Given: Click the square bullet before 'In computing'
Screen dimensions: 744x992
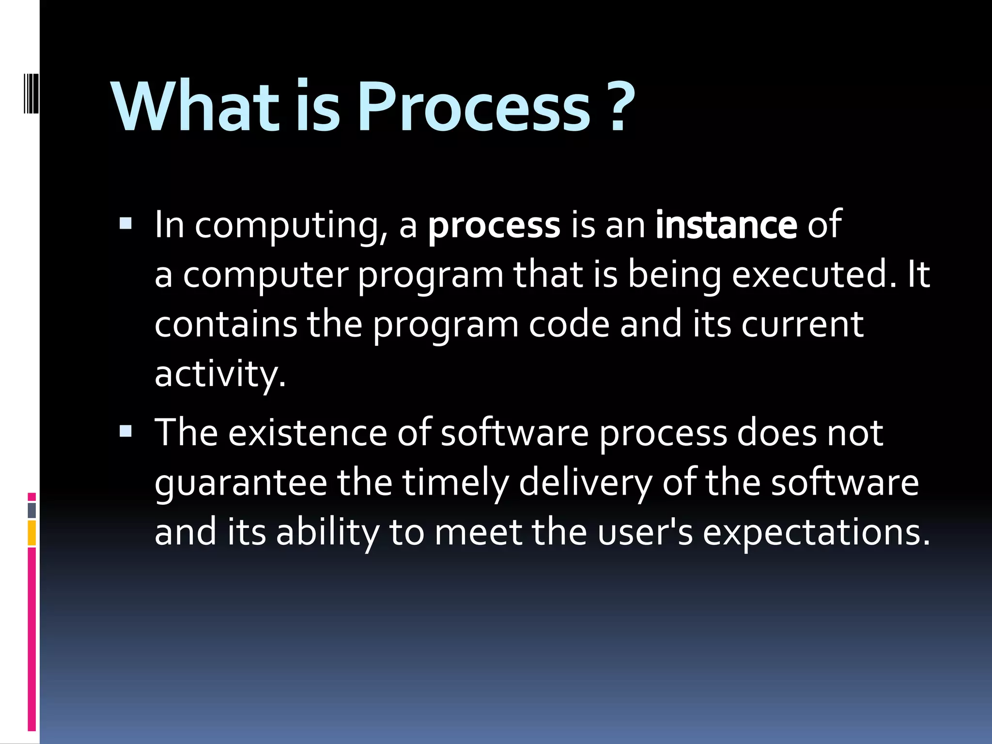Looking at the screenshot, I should pos(125,223).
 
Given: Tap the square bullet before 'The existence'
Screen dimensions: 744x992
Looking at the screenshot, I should pos(125,431).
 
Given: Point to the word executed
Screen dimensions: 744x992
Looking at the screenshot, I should pos(814,275).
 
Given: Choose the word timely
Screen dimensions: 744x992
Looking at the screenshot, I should pos(455,483).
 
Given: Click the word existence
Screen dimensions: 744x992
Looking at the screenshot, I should pos(307,433).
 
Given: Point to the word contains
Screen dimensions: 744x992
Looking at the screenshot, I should pos(225,324).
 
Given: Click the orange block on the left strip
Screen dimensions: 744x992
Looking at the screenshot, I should pos(32,533).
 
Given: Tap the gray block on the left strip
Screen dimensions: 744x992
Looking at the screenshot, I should pos(32,510).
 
